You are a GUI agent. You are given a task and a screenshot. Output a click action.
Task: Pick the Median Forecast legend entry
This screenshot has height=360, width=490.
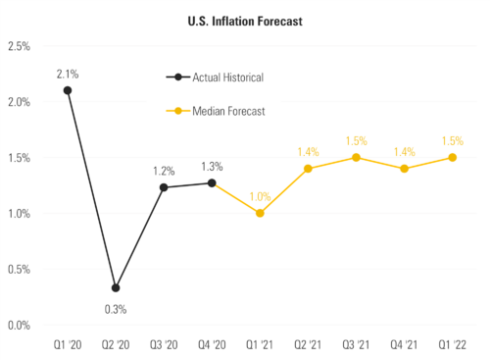(227, 111)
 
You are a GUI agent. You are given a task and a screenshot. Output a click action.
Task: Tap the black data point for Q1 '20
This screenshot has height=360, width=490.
(68, 90)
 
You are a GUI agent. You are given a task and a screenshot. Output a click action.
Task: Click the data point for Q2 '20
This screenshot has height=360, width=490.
(116, 288)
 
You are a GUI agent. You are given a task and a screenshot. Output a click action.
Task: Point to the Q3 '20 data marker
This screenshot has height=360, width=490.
(164, 187)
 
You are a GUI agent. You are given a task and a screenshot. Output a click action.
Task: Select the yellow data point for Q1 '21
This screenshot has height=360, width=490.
(260, 213)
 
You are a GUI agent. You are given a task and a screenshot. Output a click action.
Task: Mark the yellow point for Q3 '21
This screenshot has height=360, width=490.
(356, 157)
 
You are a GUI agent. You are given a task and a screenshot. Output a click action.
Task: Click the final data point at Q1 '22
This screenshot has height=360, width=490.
(452, 157)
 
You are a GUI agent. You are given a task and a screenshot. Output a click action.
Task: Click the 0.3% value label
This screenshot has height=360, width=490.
(116, 309)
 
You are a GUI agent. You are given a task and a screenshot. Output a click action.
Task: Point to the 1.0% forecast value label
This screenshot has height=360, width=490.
(260, 196)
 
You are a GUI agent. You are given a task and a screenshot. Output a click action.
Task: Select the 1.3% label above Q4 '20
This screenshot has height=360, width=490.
(213, 166)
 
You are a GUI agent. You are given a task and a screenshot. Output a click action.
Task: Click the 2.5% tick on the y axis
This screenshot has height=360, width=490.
(19, 46)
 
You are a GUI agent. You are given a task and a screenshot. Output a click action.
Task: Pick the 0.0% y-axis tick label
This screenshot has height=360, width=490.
(19, 325)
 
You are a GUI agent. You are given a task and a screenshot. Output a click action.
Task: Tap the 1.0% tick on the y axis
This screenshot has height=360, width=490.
(19, 214)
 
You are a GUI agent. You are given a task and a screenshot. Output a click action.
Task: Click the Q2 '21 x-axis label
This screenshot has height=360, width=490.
(308, 345)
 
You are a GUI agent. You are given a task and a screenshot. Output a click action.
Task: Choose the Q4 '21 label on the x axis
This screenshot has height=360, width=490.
(404, 345)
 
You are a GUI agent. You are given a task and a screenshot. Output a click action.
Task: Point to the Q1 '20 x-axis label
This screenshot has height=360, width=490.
(68, 345)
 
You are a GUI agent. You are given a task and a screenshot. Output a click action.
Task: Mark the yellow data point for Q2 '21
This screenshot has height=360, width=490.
(308, 169)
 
